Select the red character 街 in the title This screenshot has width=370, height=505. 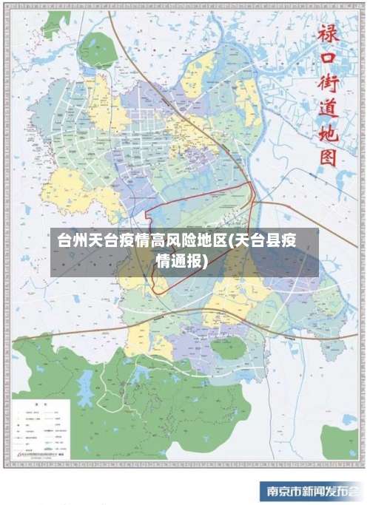pos(328,84)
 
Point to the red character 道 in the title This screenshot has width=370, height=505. pos(328,109)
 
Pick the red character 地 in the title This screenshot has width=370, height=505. pos(328,133)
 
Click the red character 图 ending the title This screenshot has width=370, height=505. pos(328,157)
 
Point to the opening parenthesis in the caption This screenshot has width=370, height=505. pos(231,241)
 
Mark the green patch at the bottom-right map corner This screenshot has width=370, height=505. pos(340,441)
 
